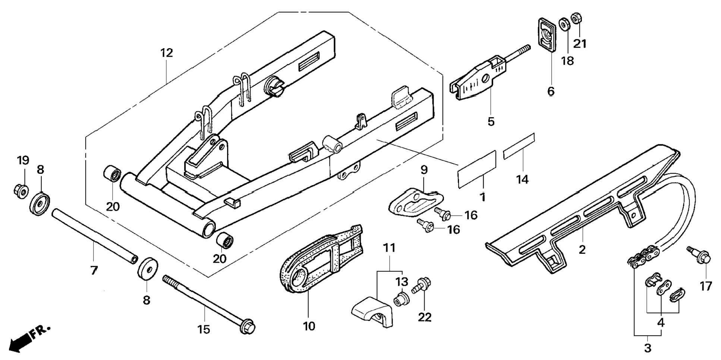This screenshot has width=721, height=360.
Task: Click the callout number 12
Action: (x=167, y=53)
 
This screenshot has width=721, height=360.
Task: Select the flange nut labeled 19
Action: (x=21, y=191)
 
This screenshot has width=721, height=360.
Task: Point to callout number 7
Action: (x=94, y=270)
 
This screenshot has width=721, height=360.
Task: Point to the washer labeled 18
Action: (x=564, y=25)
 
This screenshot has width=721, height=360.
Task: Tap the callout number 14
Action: (x=522, y=179)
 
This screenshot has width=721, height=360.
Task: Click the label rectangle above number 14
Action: (x=519, y=145)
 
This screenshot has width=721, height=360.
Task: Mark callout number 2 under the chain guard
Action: (x=582, y=250)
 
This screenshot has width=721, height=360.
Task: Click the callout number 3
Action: (x=648, y=348)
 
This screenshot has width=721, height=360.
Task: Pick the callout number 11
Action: (x=389, y=248)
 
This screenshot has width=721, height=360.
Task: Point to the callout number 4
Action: (x=661, y=322)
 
